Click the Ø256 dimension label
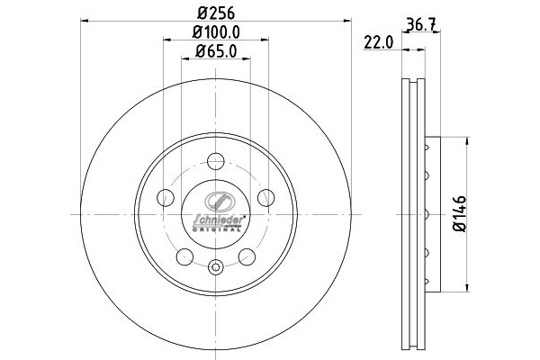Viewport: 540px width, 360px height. (x=216, y=13)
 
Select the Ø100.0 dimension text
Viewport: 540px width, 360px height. (x=216, y=32)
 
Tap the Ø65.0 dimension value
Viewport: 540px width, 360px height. (x=216, y=51)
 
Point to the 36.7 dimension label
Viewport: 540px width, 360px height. (x=422, y=24)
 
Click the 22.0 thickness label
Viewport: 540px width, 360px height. (x=379, y=43)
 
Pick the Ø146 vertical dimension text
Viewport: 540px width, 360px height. (x=460, y=214)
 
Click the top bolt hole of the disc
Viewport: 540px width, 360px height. (x=216, y=161)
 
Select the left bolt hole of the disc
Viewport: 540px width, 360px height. (x=166, y=198)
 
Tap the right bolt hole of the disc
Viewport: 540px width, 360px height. (x=266, y=198)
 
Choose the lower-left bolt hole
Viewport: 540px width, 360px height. (x=184, y=257)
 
